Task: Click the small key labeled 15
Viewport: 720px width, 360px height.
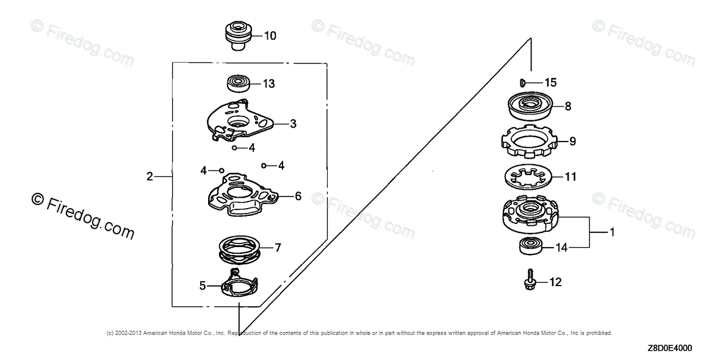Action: pos(522,82)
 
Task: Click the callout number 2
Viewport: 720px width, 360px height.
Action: pos(149,177)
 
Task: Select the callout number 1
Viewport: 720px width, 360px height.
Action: pos(612,232)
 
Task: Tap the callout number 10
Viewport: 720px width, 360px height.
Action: pos(270,36)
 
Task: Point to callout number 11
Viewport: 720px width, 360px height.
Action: pos(571,178)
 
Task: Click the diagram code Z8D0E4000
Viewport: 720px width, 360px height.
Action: pos(670,348)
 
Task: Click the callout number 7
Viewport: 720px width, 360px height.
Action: pos(278,248)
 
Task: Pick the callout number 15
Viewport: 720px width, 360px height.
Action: pos(551,82)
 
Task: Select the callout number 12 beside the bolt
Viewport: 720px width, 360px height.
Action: pos(555,282)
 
